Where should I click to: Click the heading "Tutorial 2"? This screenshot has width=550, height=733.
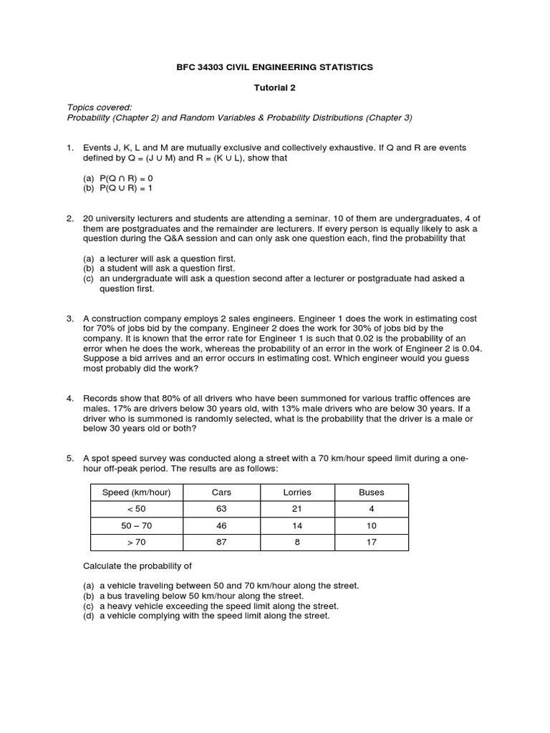coord(275,88)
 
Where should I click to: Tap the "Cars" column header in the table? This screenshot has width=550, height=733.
coord(221,492)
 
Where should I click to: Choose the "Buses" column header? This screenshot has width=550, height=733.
coord(371,492)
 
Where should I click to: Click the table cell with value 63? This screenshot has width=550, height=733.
coord(221,508)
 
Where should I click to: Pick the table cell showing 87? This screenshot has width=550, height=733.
coord(221,542)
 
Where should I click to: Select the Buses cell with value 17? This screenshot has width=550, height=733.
coord(371,542)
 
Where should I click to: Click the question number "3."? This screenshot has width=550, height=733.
coord(70,318)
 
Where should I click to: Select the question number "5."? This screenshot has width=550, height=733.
coord(70,457)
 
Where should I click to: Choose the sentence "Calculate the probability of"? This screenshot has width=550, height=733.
coord(137,565)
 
